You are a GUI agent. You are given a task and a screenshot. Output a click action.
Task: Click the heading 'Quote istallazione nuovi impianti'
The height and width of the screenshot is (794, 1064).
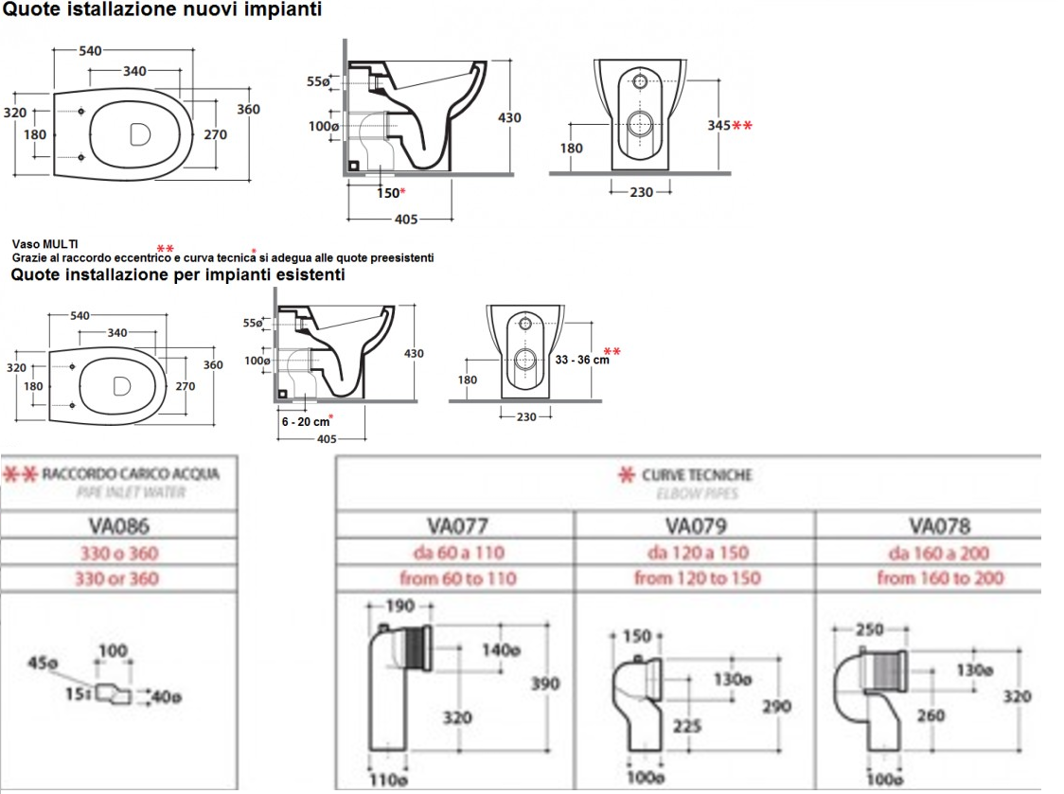pos(162,10)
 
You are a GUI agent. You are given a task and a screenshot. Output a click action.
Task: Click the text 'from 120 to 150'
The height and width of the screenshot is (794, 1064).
pos(697,577)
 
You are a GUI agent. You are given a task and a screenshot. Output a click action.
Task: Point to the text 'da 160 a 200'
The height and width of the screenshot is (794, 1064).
pos(939,552)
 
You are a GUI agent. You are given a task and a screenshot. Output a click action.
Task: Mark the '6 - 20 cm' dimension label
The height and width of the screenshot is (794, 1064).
pos(306,422)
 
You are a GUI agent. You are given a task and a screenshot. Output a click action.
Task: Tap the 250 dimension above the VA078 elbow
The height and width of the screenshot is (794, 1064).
pos(869,629)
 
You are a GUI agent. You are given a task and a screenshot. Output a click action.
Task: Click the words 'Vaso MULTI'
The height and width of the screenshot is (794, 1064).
pos(44,244)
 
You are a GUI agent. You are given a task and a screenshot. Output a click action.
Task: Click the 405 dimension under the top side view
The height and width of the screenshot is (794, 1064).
pos(405,220)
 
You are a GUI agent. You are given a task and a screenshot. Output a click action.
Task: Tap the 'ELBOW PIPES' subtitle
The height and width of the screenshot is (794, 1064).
pos(696,493)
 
